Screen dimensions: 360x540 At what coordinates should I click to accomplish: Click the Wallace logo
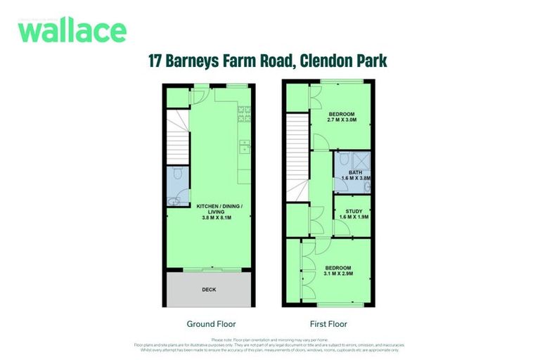(72, 30)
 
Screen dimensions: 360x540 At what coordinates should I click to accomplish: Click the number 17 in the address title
(157, 61)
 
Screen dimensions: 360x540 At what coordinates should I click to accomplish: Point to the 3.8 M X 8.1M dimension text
(219, 219)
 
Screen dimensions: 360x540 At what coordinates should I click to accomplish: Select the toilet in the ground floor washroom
(177, 173)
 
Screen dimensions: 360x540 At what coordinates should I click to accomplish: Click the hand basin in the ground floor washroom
(173, 201)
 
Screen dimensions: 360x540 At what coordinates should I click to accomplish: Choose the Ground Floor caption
(211, 324)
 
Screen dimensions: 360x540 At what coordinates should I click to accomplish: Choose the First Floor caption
(328, 324)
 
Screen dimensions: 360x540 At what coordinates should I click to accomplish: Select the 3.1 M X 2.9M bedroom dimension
(339, 272)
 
